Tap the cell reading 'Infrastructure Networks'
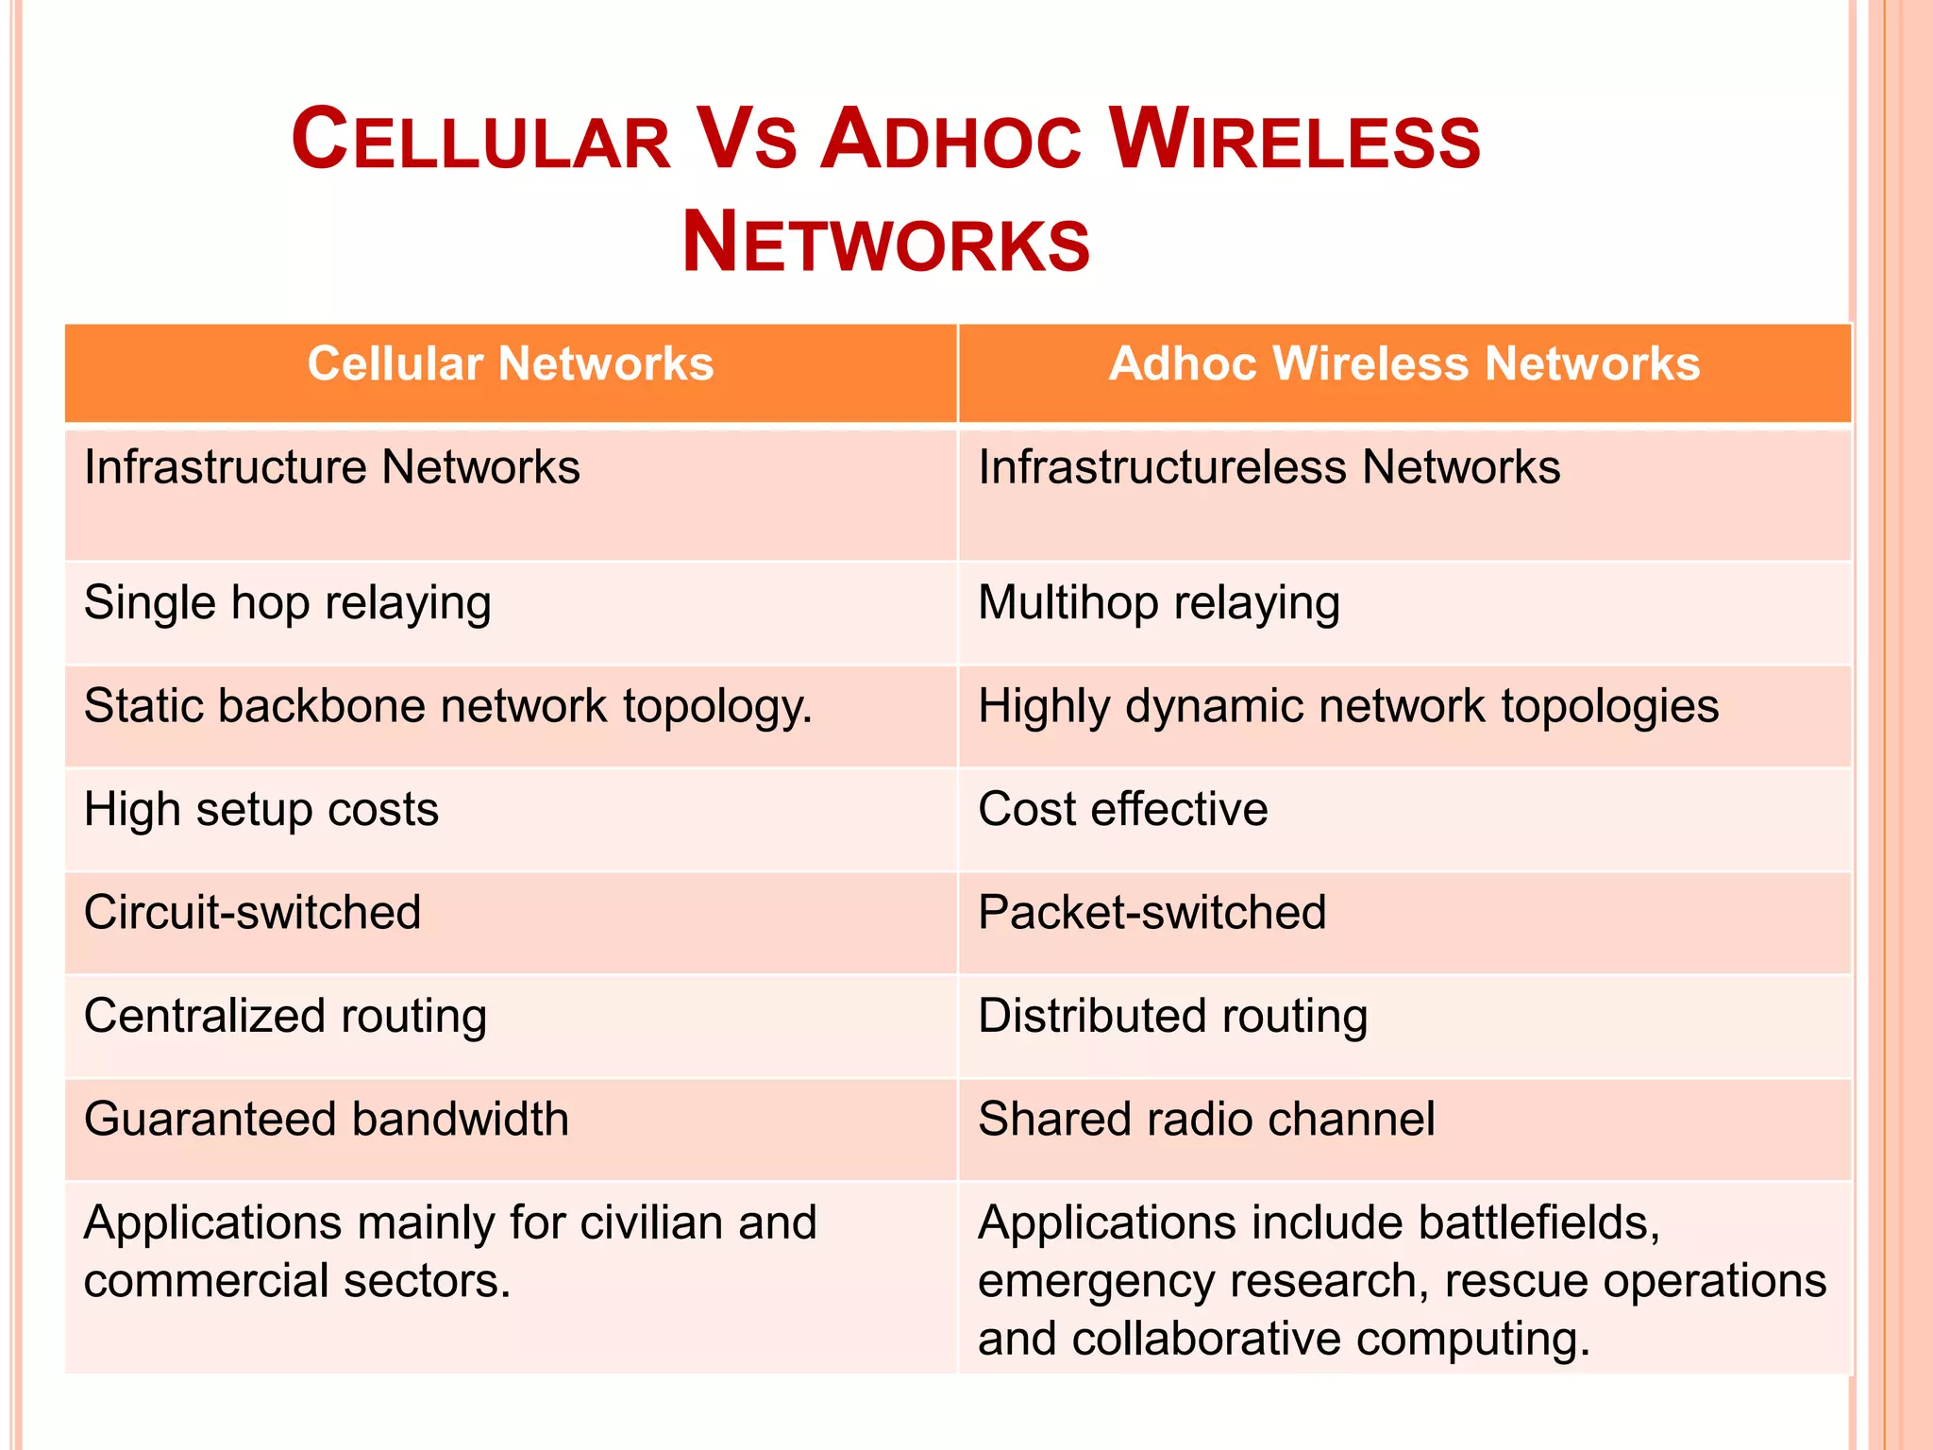[332, 468]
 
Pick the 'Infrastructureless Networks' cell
[1269, 468]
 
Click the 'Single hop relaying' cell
[288, 603]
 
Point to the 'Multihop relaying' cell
[1159, 603]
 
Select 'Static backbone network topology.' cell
[448, 707]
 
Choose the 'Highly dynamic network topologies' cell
[1348, 707]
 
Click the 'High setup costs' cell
[261, 810]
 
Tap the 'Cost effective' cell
[1123, 810]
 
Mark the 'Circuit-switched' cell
[252, 913]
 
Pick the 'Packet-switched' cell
[1152, 913]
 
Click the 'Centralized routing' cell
[285, 1017]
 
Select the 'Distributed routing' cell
[1173, 1017]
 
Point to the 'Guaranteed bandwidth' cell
[327, 1120]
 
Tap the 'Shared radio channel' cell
[1206, 1120]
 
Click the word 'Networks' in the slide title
[885, 244]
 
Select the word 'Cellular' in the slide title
[480, 141]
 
